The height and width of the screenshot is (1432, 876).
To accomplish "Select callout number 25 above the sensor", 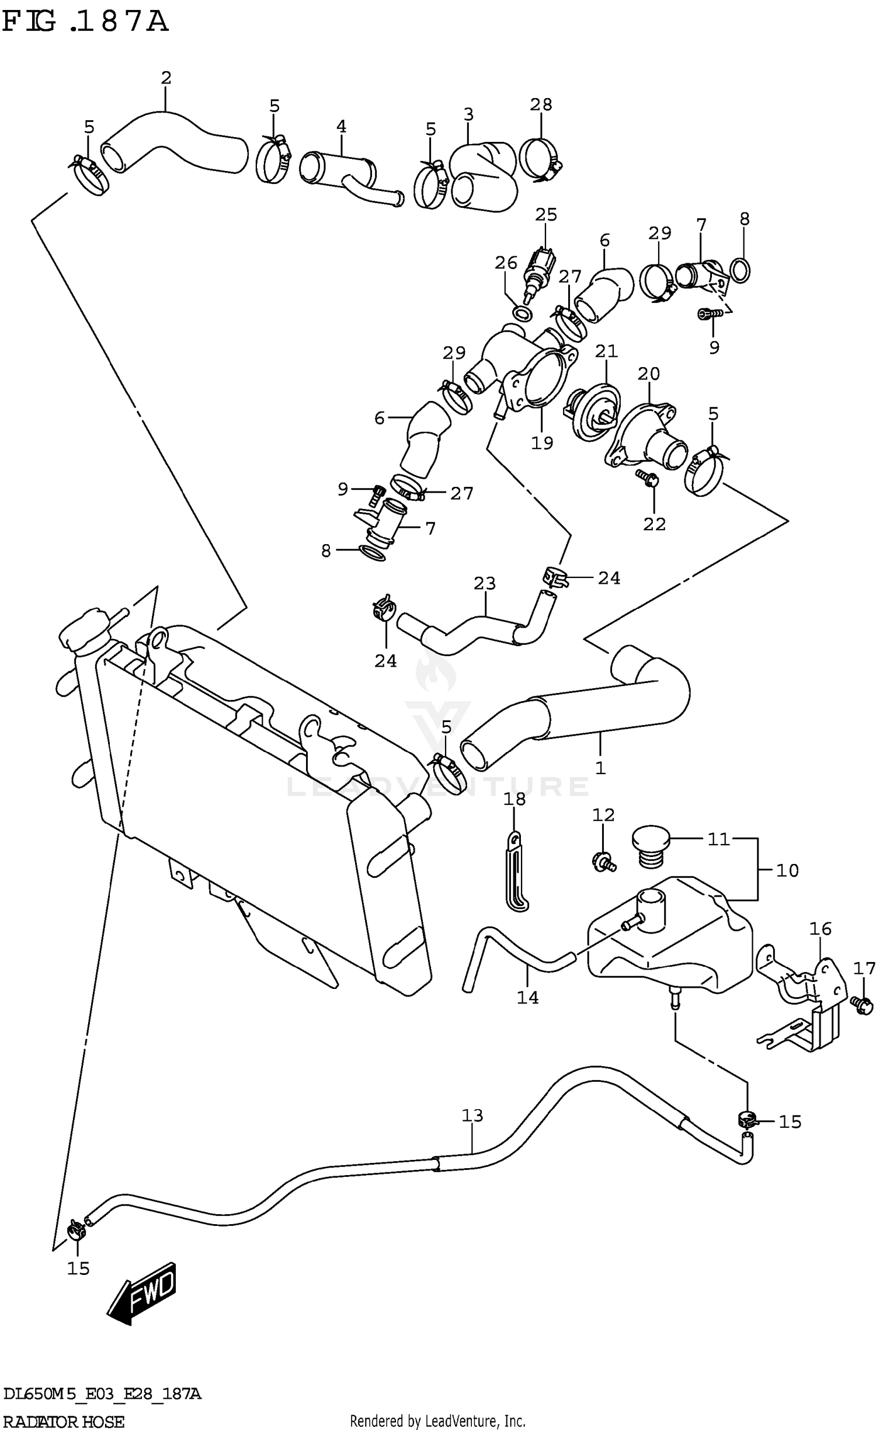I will click(546, 215).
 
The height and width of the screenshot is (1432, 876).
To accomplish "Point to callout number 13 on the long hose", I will click(472, 1116).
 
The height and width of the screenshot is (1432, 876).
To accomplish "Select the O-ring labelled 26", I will click(523, 313).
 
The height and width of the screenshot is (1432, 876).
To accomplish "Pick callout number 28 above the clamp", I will click(541, 104).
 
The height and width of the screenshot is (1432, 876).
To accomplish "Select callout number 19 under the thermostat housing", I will click(541, 443).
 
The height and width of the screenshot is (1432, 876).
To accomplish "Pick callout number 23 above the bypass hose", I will click(484, 583).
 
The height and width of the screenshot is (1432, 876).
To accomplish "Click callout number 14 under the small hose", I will click(527, 998).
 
